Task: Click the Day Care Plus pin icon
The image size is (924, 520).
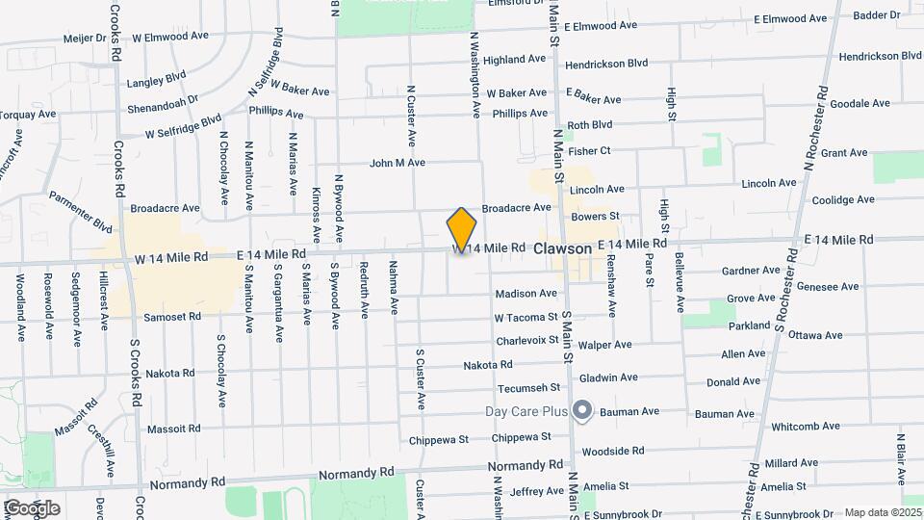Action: point(581,411)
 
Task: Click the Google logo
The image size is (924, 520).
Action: point(31,507)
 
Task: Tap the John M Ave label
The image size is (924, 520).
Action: point(397,163)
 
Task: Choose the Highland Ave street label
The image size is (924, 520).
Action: point(514,60)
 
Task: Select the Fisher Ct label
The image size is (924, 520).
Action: point(589,151)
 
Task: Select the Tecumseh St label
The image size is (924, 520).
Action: point(528,388)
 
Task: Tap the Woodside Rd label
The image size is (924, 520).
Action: point(612,451)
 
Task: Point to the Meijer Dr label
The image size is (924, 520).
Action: point(84,39)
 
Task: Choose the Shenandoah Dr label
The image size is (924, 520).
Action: point(162,99)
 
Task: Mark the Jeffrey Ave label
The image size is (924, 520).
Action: point(536,492)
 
